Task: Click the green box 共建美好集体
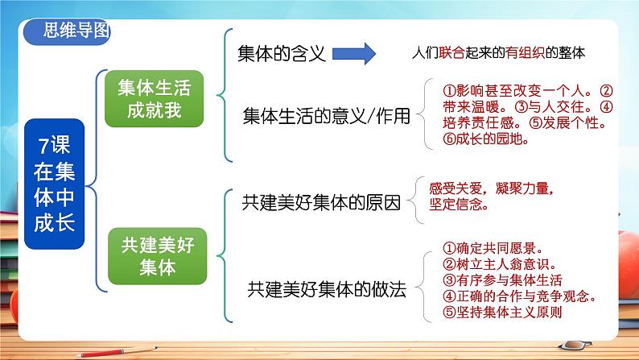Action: click(x=152, y=254)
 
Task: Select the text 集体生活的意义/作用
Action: click(x=326, y=116)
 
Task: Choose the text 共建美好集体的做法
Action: click(x=326, y=288)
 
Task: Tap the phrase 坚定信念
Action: click(x=460, y=205)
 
